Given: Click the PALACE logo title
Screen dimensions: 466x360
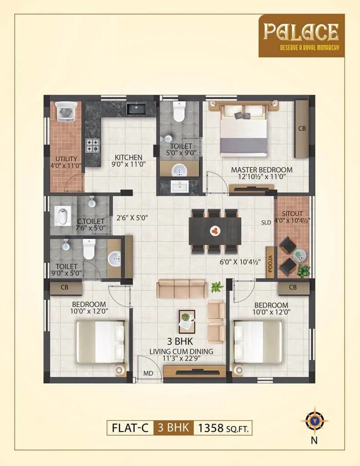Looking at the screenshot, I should (301, 32).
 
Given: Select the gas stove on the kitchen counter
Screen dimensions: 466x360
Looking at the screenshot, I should (93, 145).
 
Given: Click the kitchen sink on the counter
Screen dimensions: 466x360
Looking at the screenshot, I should (136, 109).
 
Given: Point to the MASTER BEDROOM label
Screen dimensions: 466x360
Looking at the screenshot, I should (261, 170).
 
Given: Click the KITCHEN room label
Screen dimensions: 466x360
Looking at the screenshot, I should (128, 157).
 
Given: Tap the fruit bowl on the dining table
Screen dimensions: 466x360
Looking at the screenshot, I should (214, 231).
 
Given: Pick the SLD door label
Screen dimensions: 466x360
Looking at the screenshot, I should (266, 223).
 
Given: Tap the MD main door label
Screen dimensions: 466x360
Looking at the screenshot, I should (148, 374).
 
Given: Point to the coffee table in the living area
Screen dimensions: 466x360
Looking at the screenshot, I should (187, 321).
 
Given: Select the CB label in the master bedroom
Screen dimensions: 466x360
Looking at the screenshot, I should (302, 128).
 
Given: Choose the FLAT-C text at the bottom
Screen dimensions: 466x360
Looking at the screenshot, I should (130, 428).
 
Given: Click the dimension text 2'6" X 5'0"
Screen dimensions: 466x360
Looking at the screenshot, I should (132, 218).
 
